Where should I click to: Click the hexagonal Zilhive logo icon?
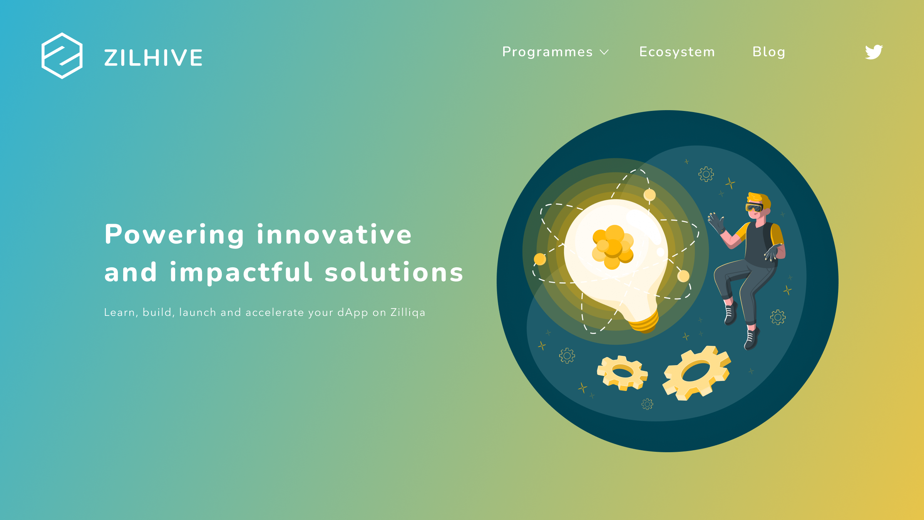(x=62, y=56)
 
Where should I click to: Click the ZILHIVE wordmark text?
(x=153, y=58)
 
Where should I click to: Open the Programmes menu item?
(x=547, y=52)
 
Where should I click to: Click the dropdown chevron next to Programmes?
(x=604, y=52)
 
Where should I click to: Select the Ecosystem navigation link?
(x=677, y=52)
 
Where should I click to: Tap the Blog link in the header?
(x=769, y=52)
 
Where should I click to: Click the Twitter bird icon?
(x=874, y=52)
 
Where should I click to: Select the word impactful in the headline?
(x=241, y=273)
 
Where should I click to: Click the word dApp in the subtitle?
(x=352, y=312)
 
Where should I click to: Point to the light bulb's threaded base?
(x=644, y=322)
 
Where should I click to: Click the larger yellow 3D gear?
(x=697, y=373)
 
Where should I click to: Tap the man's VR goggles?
(x=754, y=208)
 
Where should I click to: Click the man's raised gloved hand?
(x=716, y=223)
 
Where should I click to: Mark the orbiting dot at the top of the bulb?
(x=649, y=195)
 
